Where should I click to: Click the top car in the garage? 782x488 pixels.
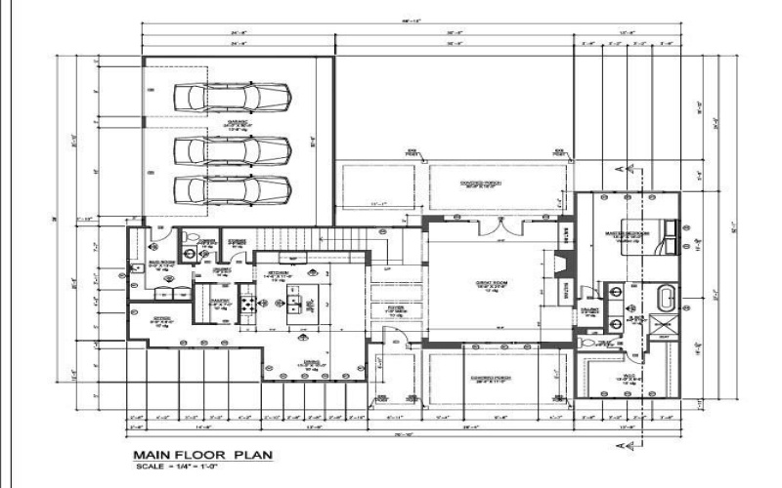232,97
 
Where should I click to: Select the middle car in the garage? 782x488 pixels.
232,150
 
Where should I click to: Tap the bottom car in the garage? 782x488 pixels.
232,187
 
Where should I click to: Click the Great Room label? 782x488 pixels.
490,286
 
